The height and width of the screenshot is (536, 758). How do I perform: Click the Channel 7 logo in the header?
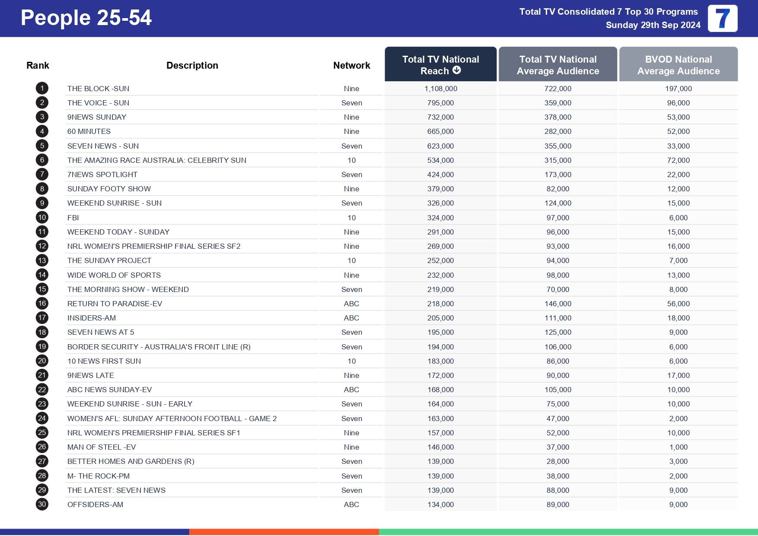[722, 19]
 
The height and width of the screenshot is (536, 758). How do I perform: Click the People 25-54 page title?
[86, 18]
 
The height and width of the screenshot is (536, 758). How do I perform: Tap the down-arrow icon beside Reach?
[457, 70]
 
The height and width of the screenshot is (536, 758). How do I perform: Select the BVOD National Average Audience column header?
[678, 65]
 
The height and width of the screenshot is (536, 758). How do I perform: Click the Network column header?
[351, 65]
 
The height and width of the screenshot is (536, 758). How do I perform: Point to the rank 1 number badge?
[42, 89]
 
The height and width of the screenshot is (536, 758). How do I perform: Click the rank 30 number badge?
[42, 504]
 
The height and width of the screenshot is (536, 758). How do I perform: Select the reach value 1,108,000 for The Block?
[440, 89]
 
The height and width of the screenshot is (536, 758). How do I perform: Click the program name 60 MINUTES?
[89, 131]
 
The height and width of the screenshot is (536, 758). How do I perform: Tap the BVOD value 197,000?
[678, 89]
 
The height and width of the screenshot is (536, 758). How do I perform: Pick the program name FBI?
[73, 218]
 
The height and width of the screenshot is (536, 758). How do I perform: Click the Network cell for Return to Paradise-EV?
[351, 304]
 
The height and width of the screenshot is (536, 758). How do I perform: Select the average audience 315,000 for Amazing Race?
[557, 160]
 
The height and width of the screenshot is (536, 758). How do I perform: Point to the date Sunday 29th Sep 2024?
[653, 25]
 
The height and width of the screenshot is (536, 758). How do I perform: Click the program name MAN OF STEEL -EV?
[102, 447]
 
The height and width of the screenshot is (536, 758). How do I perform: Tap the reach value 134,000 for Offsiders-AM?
[440, 504]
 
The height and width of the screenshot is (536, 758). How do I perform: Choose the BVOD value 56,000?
[678, 304]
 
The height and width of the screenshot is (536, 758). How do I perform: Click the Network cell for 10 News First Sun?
[351, 361]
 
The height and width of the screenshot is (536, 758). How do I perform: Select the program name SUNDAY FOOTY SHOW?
[109, 189]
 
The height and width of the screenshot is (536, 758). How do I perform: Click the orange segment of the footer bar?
[284, 532]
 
